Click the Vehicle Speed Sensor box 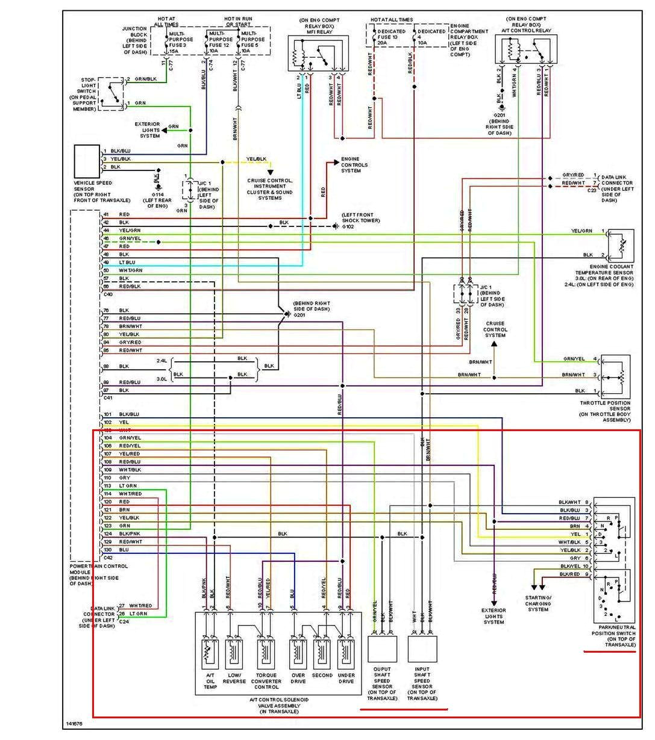pos(87,159)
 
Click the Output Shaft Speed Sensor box pos(382,649)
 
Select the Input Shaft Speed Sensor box pos(422,649)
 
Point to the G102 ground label pos(348,227)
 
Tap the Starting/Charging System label pos(538,603)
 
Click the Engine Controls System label pos(354,165)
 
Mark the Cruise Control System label pos(495,329)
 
